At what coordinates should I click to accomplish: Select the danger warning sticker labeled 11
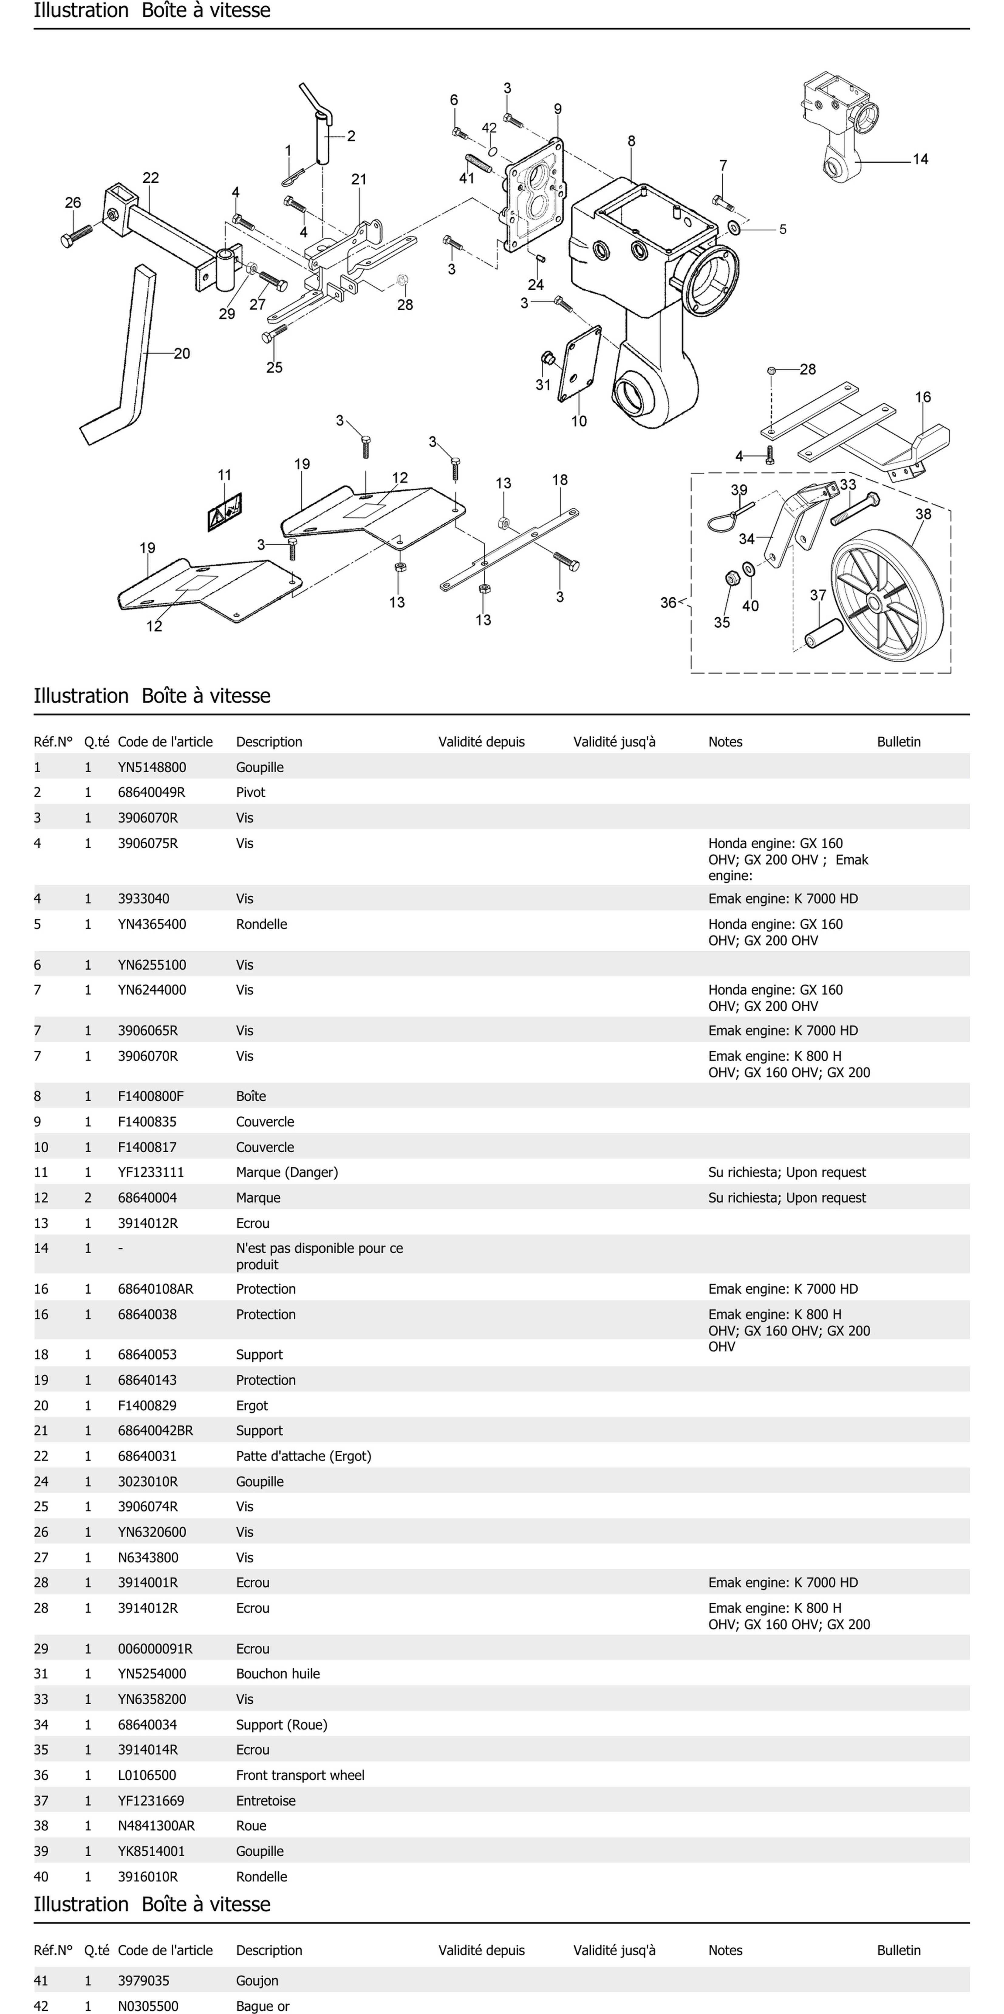(224, 513)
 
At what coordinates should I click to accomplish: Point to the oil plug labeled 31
(548, 360)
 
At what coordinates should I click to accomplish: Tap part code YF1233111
(151, 1172)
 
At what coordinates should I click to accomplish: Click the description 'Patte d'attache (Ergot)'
(303, 1456)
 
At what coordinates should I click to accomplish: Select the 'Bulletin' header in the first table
(899, 741)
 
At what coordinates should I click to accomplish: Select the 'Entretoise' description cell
(266, 1801)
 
